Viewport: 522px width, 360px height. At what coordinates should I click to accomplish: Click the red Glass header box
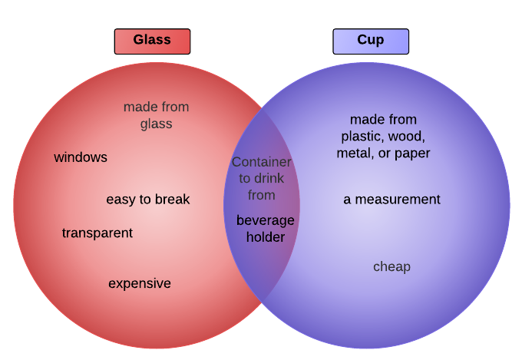click(x=152, y=41)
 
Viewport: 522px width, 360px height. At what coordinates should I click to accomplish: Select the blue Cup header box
click(x=371, y=41)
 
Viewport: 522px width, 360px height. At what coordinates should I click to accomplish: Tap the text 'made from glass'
click(x=156, y=115)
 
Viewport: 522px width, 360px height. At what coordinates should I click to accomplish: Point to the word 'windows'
click(x=81, y=157)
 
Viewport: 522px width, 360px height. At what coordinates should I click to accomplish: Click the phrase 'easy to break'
click(x=147, y=200)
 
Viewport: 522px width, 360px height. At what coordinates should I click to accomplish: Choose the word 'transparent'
click(x=97, y=233)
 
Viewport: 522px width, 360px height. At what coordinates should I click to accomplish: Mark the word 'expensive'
click(x=139, y=283)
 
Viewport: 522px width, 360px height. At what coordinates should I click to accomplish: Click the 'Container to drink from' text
click(x=262, y=178)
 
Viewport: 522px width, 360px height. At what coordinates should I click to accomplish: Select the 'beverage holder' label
click(x=265, y=229)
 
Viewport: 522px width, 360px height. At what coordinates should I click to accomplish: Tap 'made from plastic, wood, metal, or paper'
click(x=383, y=137)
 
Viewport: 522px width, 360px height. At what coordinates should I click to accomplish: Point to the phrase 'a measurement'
click(x=391, y=200)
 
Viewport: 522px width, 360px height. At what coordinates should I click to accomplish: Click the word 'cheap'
click(x=391, y=266)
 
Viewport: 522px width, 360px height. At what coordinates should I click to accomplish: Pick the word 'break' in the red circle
click(x=172, y=200)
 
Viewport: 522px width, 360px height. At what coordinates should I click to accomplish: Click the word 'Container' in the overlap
click(x=262, y=162)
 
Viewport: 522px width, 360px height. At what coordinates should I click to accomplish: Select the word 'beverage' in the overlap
click(x=265, y=221)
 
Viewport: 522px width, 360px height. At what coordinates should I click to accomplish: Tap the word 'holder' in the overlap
click(x=266, y=237)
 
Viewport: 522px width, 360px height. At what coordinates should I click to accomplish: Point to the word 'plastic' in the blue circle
click(x=362, y=137)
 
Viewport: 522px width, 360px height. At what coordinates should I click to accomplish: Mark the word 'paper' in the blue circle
click(x=412, y=154)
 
